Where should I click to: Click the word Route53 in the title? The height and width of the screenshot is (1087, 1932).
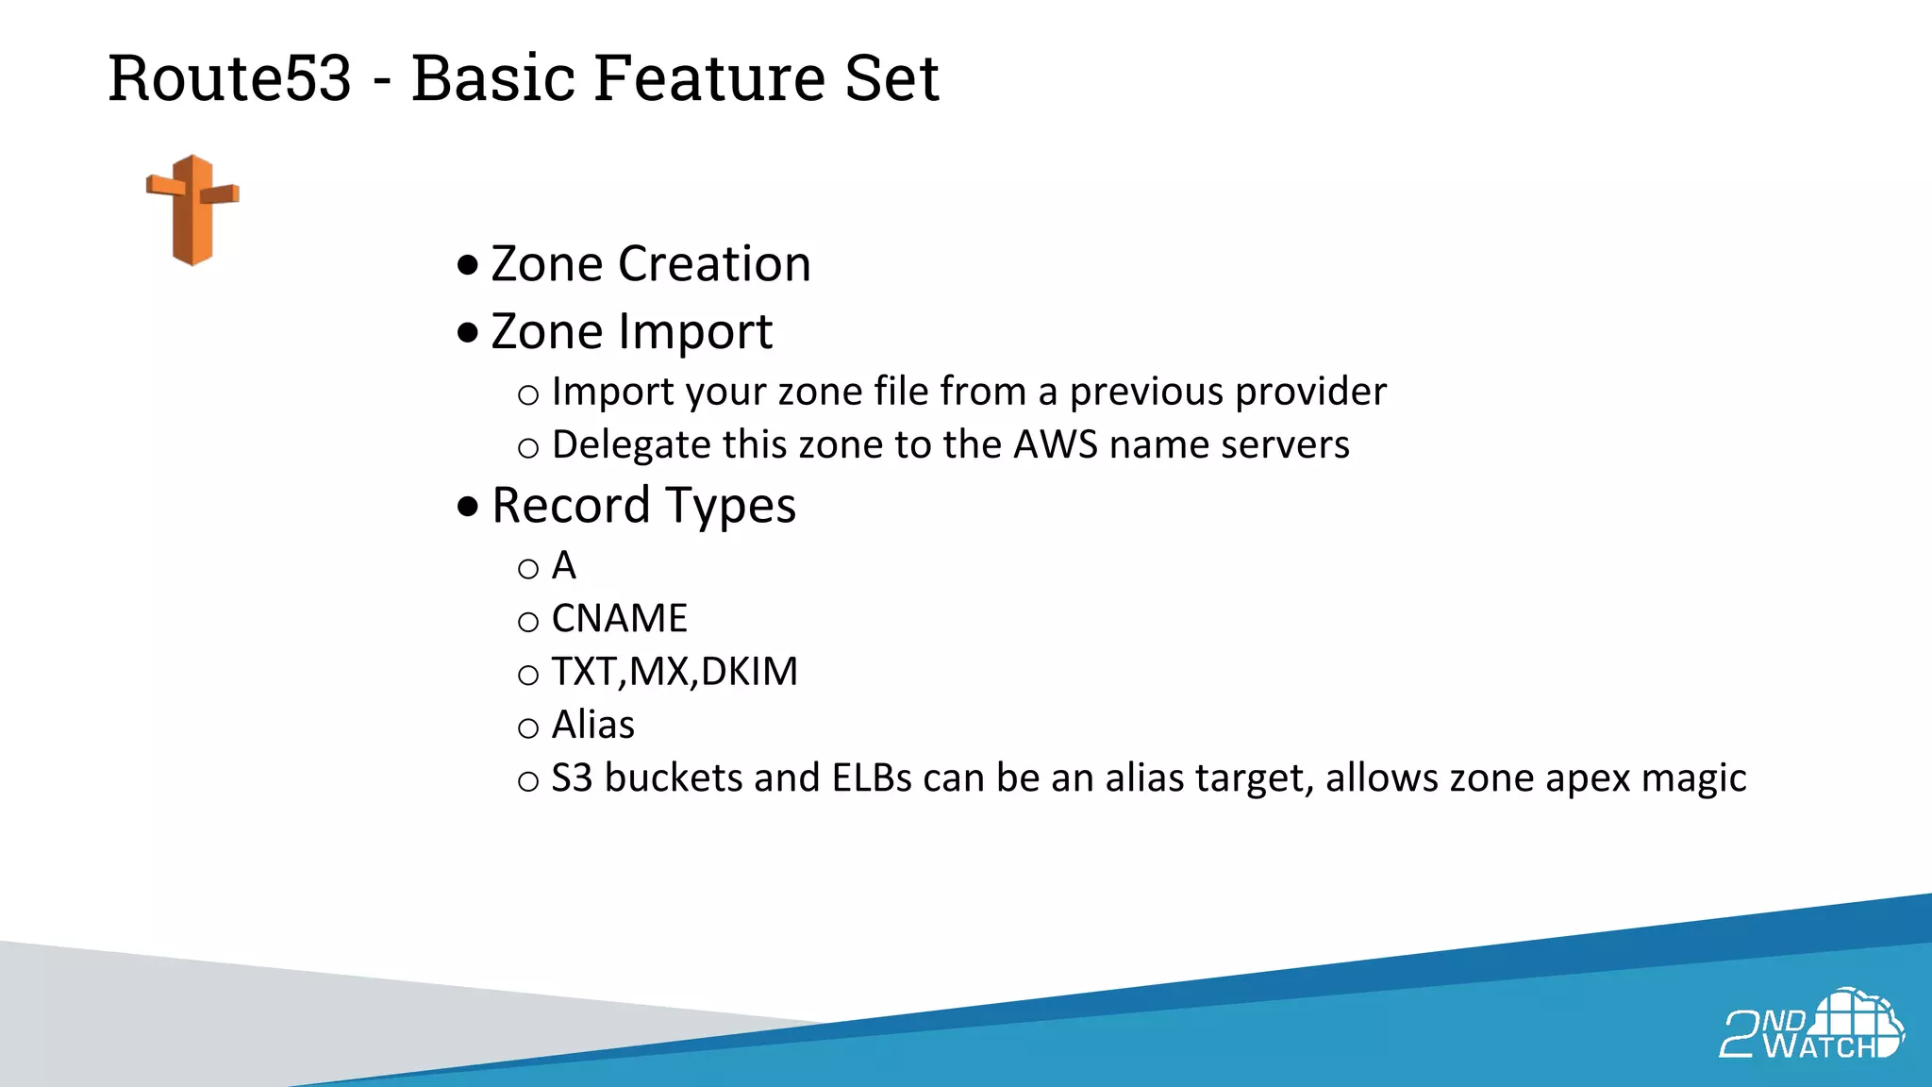point(229,78)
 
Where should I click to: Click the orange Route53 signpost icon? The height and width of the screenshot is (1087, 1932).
point(192,210)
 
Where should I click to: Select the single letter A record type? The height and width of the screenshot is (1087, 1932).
point(564,566)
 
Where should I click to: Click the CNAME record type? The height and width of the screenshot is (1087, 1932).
point(619,619)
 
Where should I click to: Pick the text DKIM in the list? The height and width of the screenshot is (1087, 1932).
point(749,672)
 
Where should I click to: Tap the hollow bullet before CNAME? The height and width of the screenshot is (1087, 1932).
point(528,622)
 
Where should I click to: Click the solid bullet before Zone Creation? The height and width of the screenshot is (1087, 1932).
point(468,265)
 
